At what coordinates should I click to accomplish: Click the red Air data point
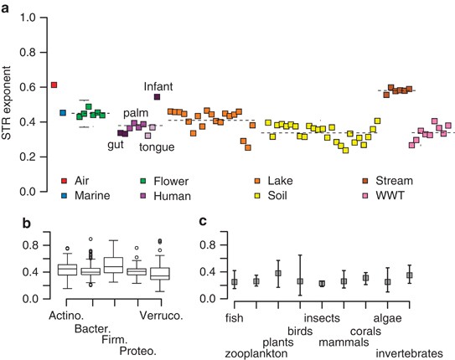tap(54, 85)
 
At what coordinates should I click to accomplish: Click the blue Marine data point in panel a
tap(63, 113)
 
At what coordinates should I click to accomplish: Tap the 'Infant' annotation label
tap(158, 85)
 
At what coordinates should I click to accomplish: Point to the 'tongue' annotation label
tap(157, 147)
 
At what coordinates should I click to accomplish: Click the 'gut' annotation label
tap(116, 144)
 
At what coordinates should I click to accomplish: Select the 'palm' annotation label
tap(135, 112)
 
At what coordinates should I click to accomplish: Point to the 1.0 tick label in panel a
tap(28, 16)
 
